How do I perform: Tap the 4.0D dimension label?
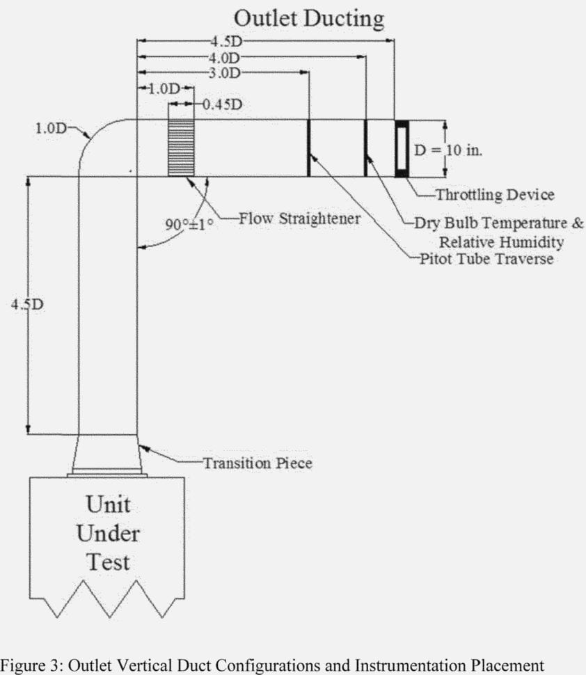[224, 57]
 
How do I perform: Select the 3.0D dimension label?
[224, 72]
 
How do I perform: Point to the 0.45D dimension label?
[222, 104]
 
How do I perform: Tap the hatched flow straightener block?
[181, 148]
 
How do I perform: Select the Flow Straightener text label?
[299, 219]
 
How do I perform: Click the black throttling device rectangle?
[402, 149]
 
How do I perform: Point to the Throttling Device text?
[495, 194]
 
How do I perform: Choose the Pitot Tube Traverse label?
[486, 259]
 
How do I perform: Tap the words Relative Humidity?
[500, 241]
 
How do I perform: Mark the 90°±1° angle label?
[189, 224]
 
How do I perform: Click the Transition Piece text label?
[257, 462]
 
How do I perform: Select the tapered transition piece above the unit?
[107, 454]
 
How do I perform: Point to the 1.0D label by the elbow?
[51, 129]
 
